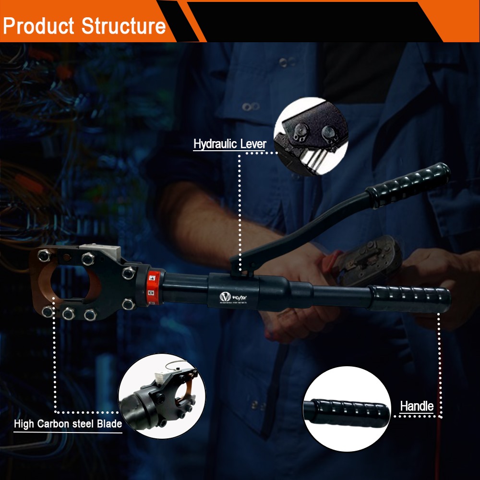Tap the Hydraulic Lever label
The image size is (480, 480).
click(x=229, y=144)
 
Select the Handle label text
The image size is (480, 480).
click(x=417, y=406)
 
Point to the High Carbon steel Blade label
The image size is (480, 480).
click(x=68, y=424)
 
